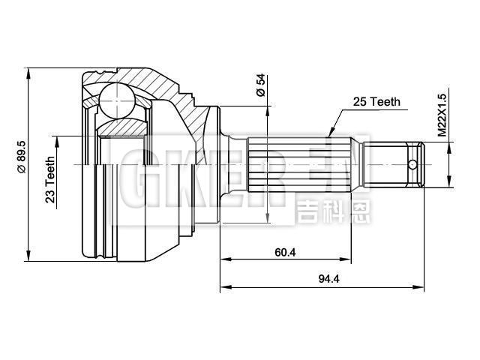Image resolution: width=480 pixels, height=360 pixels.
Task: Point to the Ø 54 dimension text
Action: click(x=260, y=85)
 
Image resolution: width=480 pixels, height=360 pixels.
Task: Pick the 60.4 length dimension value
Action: click(x=285, y=253)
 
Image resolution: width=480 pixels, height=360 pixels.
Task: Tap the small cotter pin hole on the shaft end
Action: click(x=412, y=163)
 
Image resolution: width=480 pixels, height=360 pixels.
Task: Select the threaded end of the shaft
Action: click(x=397, y=163)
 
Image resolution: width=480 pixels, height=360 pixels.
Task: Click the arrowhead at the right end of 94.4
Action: click(x=421, y=288)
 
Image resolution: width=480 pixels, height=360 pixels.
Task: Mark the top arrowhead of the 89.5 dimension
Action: click(x=28, y=72)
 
